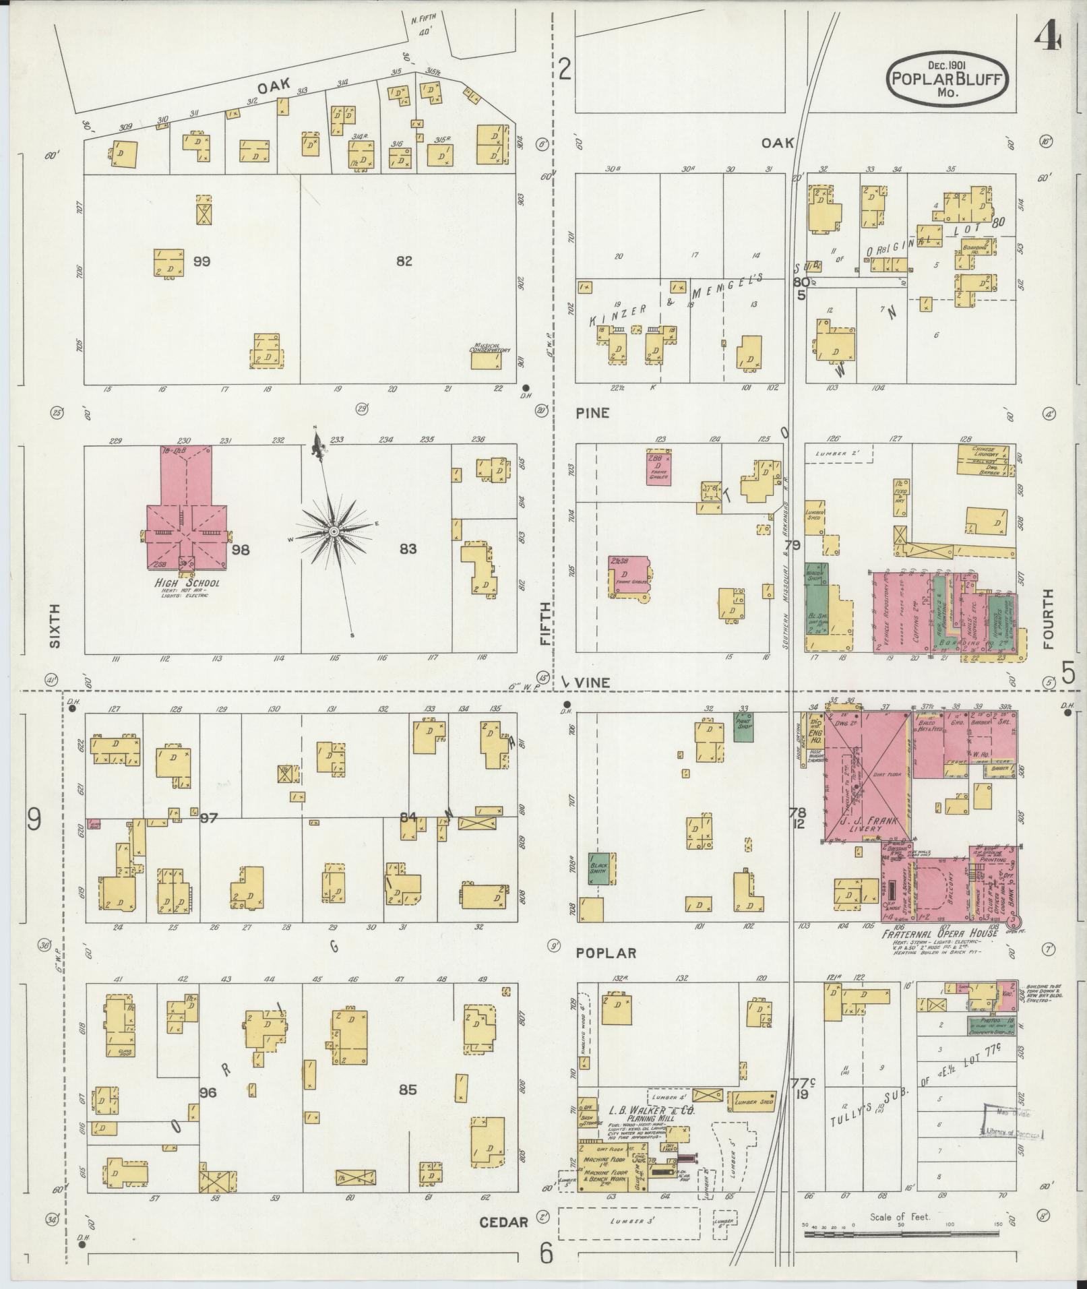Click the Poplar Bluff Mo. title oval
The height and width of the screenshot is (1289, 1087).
click(x=948, y=80)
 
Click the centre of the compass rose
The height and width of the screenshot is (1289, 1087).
click(x=334, y=532)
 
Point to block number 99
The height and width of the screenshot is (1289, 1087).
click(x=201, y=261)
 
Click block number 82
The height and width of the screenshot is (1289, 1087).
click(x=404, y=261)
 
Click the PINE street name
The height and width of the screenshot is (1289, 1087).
click(x=593, y=412)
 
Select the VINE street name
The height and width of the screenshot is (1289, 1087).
click(x=593, y=683)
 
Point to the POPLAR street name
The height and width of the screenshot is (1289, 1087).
click(x=607, y=953)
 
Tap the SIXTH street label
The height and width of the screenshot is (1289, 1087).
click(x=55, y=625)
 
